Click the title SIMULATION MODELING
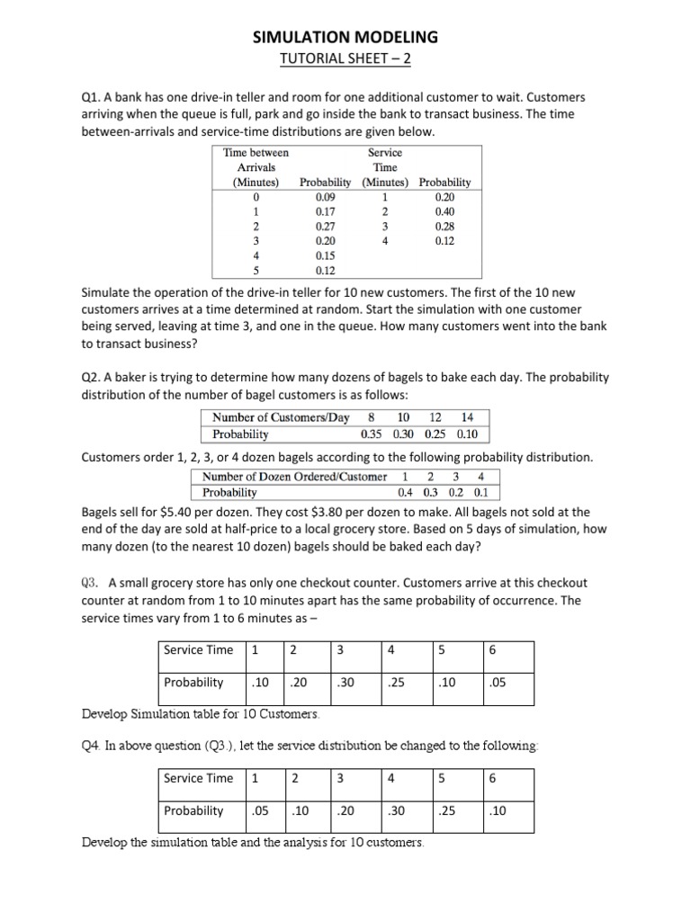click(345, 37)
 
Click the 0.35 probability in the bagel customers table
click(372, 434)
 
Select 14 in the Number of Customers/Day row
click(467, 417)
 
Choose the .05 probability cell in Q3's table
click(496, 682)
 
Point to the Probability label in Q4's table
click(193, 810)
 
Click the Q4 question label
click(92, 746)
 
